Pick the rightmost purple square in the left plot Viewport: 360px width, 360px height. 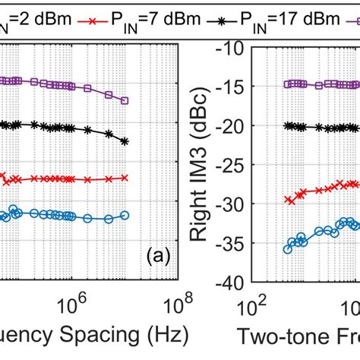[125, 100]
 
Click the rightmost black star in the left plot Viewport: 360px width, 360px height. [125, 141]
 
